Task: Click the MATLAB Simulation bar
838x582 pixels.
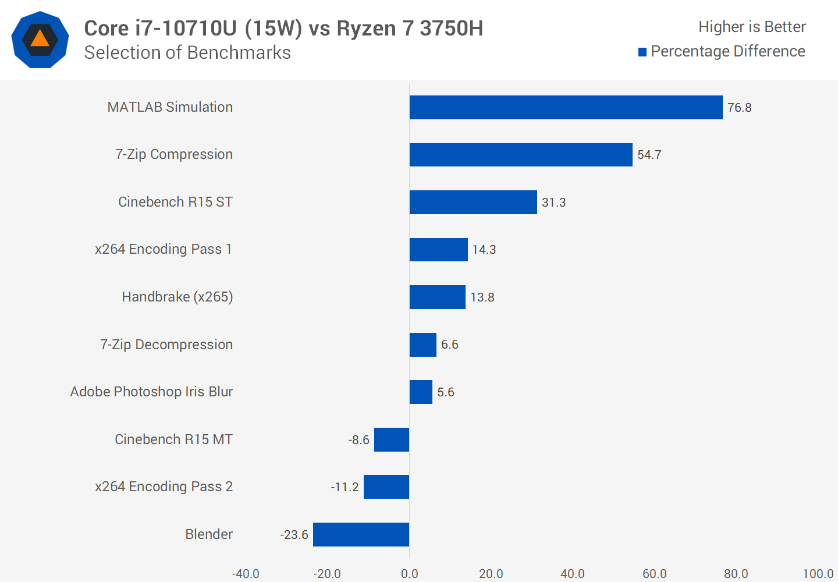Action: (x=566, y=107)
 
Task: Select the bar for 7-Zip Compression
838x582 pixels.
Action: (x=521, y=155)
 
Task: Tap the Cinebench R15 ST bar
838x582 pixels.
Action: (x=473, y=202)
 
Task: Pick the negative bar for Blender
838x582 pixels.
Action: (x=361, y=534)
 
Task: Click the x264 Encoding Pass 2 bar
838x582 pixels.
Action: (x=386, y=487)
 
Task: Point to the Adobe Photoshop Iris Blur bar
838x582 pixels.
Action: (x=421, y=392)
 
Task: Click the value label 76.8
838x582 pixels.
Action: (x=739, y=108)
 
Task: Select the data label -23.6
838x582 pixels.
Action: (x=294, y=535)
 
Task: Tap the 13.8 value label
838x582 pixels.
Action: (x=482, y=297)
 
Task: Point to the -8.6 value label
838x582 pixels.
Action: (x=358, y=440)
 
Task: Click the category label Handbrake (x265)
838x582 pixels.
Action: (x=177, y=297)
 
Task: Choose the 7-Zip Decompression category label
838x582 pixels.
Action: (x=166, y=345)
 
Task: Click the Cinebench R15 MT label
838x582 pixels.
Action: (x=173, y=439)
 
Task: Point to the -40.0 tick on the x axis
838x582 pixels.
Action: (x=246, y=574)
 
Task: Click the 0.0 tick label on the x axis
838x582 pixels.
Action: (x=409, y=574)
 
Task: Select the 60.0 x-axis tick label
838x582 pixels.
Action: (x=654, y=574)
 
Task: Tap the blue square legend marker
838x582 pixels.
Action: (x=642, y=52)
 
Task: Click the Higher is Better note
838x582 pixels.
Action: (x=752, y=27)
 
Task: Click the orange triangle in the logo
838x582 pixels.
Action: (x=40, y=39)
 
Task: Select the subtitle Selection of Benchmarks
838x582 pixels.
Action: (x=187, y=52)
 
